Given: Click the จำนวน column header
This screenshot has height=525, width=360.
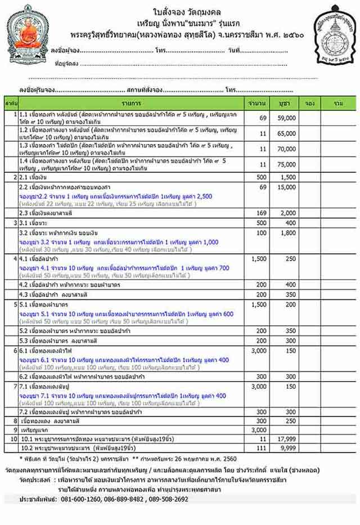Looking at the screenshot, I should [x=262, y=104].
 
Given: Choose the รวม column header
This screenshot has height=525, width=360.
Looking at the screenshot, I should [x=338, y=104].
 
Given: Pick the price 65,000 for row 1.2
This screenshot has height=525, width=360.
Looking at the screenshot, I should [x=286, y=134].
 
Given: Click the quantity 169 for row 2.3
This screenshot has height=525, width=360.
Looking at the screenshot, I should [x=262, y=213].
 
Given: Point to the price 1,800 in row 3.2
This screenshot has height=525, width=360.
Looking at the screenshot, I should [x=286, y=232].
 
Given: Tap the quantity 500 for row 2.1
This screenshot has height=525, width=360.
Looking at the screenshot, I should [x=262, y=177].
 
